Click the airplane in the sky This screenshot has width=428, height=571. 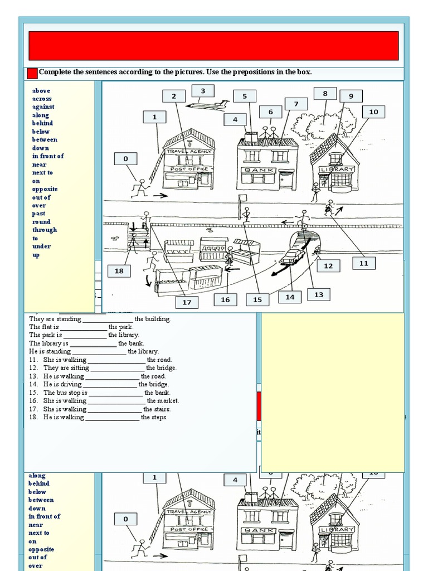[x=207, y=104]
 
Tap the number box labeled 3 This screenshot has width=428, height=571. [x=203, y=91]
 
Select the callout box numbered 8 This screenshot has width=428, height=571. [x=325, y=94]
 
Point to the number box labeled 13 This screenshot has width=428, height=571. [x=319, y=294]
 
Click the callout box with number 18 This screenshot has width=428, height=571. [x=119, y=271]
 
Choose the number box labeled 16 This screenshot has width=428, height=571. [x=225, y=299]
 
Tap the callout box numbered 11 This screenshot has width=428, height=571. [x=363, y=263]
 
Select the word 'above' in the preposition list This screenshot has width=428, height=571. [x=41, y=90]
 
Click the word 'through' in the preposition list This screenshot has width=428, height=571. [x=45, y=230]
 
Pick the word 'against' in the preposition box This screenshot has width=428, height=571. [x=43, y=107]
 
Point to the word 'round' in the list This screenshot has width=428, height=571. [x=42, y=221]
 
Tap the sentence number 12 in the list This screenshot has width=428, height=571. [x=33, y=368]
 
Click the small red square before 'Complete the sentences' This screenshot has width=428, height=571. [x=32, y=73]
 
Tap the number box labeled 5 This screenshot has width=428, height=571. [x=244, y=96]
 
